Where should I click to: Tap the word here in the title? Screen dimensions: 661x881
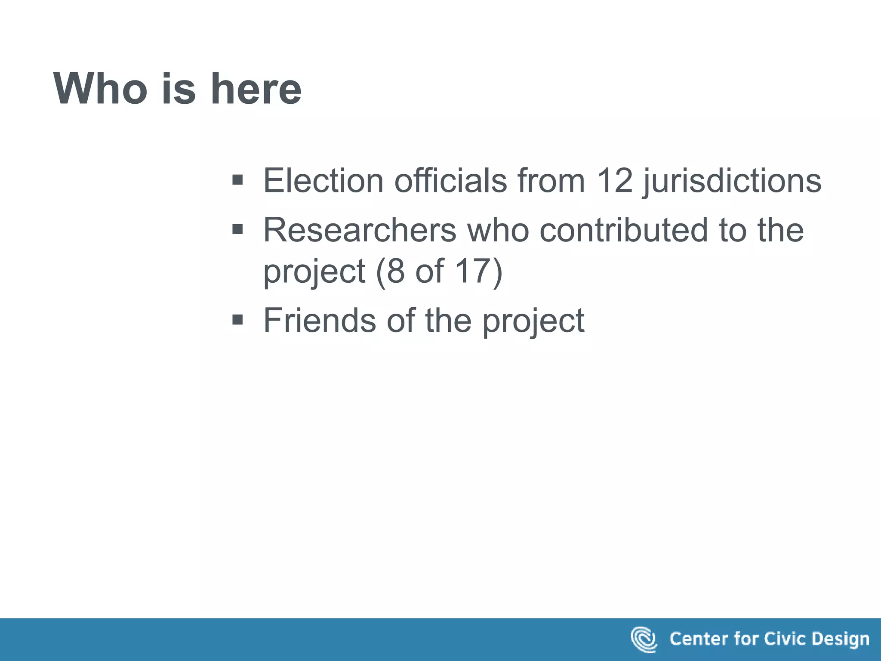pos(256,89)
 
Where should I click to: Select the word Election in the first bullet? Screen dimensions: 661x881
pos(323,180)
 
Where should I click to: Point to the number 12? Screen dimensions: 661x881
pos(615,180)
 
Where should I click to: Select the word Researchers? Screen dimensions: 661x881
pos(360,230)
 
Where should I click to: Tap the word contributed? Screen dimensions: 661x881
pos(624,230)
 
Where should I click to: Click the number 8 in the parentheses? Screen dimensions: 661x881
pos(395,271)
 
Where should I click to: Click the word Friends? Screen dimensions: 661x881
pos(320,320)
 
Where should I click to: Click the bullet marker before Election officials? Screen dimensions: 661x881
pos(237,179)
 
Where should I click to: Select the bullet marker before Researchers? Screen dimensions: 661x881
pos(237,229)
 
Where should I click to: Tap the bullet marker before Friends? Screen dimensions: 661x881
pos(237,320)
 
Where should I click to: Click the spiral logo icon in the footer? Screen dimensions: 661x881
pos(644,639)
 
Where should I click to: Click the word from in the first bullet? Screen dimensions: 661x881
pos(551,180)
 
